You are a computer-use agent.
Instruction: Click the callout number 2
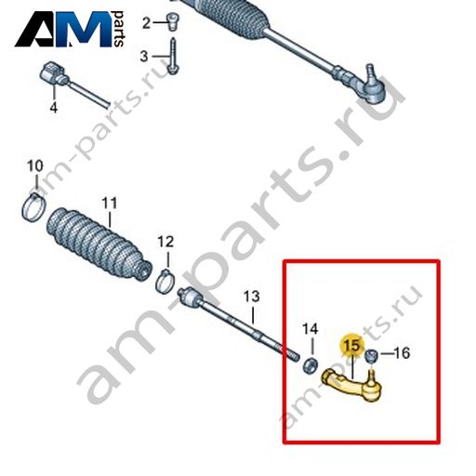[x=146, y=23]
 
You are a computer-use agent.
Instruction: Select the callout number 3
[x=144, y=57]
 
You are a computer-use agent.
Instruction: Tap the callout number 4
[x=54, y=108]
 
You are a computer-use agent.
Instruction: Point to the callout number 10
[x=35, y=165]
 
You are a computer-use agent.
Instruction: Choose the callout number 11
[x=110, y=203]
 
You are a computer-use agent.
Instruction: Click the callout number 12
[x=165, y=242]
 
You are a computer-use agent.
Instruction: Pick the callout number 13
[x=251, y=297]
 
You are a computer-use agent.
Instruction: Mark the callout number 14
[x=311, y=329]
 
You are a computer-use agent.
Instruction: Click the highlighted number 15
[x=353, y=345]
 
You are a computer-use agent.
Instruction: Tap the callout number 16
[x=402, y=353]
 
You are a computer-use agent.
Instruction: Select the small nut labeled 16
[x=371, y=355]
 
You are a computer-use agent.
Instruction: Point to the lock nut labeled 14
[x=310, y=365]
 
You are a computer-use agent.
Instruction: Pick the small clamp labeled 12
[x=165, y=281]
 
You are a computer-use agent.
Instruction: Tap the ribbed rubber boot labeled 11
[x=99, y=245]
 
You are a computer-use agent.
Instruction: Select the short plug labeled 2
[x=172, y=21]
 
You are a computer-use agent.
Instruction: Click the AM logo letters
[x=63, y=29]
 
